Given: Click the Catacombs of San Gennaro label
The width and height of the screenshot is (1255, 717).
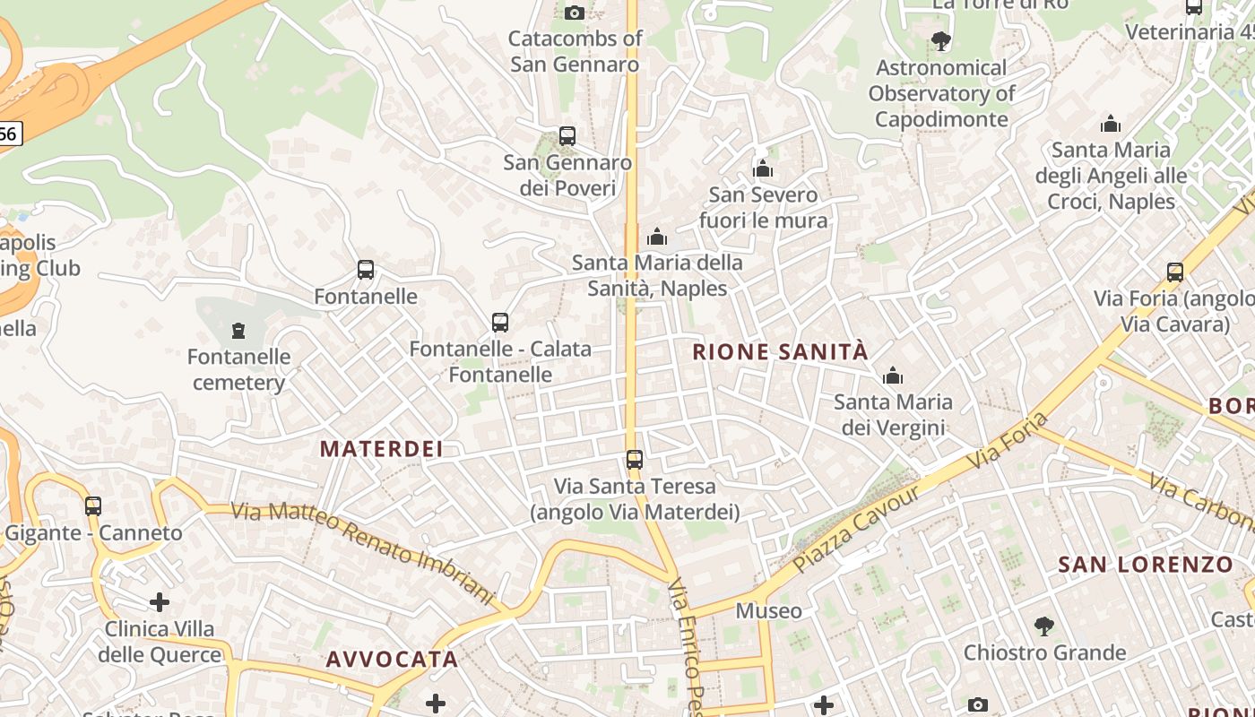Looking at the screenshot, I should [x=575, y=51].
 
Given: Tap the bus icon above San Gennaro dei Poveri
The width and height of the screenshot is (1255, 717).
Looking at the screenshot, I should [x=567, y=136].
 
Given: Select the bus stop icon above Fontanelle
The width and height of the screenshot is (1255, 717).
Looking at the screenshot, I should [x=366, y=270].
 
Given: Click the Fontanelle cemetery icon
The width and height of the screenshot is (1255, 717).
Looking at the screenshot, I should [x=238, y=332].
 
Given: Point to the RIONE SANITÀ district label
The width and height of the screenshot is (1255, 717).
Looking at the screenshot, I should [x=781, y=351].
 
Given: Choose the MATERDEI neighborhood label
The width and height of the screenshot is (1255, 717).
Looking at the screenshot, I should [x=382, y=449].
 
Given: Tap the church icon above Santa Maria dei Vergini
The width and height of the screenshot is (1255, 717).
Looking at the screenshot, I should [x=893, y=376].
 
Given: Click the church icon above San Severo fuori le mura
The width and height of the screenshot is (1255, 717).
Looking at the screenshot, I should [x=763, y=168].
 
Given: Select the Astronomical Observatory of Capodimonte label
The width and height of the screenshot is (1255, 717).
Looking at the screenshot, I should [x=941, y=93].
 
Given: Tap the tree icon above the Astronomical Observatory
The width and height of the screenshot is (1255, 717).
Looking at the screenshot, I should [x=940, y=40].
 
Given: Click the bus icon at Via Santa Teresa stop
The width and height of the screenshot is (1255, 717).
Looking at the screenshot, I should [x=635, y=460].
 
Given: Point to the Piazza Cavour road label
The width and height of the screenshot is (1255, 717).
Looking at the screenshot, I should [x=855, y=530].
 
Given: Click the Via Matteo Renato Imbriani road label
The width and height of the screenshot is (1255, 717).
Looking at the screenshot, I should [x=363, y=552].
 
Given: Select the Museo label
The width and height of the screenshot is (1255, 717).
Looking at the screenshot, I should [x=769, y=611].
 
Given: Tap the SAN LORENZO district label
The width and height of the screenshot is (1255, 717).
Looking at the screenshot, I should [x=1146, y=565].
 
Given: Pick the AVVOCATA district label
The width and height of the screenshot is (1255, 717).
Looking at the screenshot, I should [x=392, y=660].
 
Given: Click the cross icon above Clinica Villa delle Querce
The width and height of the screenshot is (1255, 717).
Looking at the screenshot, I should [x=160, y=601].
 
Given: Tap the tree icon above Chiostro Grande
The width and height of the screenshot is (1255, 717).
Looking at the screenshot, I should [x=1043, y=626].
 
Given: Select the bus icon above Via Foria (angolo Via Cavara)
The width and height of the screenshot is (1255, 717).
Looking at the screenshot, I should [x=1175, y=272].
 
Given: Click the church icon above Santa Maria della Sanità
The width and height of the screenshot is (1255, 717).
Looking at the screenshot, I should [x=657, y=237].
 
